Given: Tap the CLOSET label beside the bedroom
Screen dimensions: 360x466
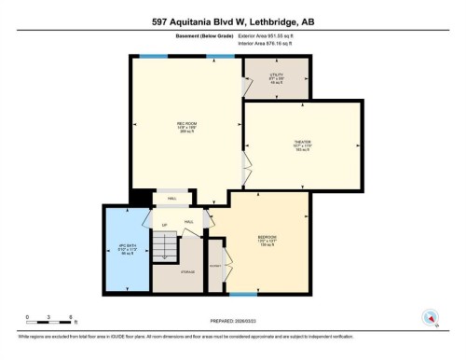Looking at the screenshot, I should [x=215, y=265].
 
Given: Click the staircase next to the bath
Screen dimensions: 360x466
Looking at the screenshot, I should [x=164, y=248].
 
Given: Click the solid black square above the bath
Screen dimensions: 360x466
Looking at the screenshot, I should [x=139, y=198].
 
